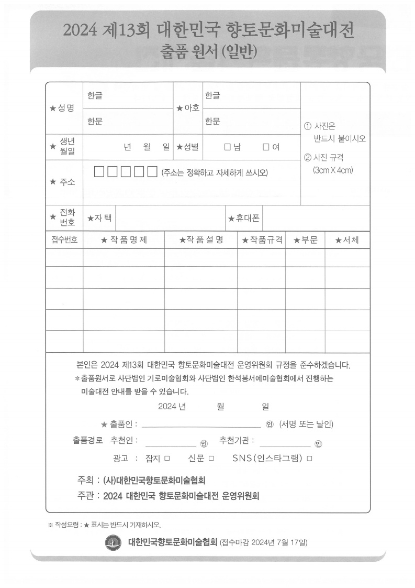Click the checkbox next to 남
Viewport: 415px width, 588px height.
[x=227, y=147]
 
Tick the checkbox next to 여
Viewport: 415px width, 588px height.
[x=266, y=147]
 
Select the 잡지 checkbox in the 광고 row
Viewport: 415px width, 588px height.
[x=167, y=458]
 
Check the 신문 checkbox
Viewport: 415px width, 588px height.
[x=211, y=458]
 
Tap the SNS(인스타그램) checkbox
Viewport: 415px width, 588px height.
[x=309, y=458]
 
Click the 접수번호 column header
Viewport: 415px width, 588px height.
[x=64, y=240]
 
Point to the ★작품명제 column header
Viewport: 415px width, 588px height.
[x=124, y=240]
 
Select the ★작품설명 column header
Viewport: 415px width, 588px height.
[x=201, y=240]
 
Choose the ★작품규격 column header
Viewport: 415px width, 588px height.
[x=262, y=240]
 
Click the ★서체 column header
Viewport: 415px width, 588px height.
[x=347, y=240]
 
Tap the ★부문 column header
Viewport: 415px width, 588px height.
[x=305, y=240]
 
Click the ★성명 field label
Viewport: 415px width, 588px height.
[x=62, y=108]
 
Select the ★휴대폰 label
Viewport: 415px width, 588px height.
[x=244, y=218]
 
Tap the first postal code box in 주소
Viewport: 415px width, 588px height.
[x=99, y=171]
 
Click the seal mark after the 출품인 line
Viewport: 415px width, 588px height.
[x=270, y=424]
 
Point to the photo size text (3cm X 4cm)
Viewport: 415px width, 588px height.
[x=333, y=170]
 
